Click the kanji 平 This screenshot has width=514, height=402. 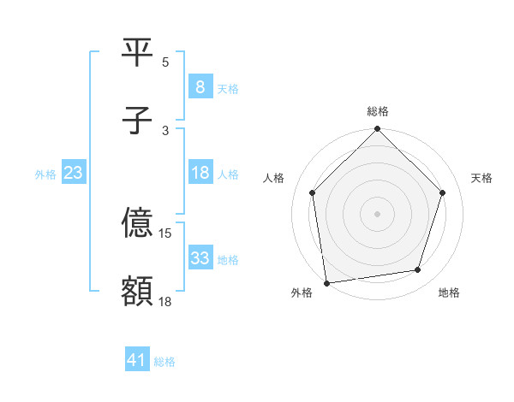click(x=137, y=51)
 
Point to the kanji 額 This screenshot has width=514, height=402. click(x=137, y=291)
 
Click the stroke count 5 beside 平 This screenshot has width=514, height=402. click(x=165, y=62)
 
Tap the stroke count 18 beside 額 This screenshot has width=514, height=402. click(x=166, y=301)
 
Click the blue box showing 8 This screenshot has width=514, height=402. click(x=200, y=86)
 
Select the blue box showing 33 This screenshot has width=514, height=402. click(x=200, y=258)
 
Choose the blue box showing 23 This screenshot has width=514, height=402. click(x=74, y=173)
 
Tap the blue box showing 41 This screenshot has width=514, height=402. click(x=137, y=361)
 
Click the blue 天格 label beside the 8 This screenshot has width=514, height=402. click(x=227, y=88)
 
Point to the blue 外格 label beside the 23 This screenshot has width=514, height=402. click(x=45, y=174)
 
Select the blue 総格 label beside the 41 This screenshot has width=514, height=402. click(x=164, y=362)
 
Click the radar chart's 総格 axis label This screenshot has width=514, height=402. click(x=378, y=111)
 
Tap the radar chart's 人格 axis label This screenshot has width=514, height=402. click(x=273, y=178)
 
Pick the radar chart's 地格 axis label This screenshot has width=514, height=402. click(x=449, y=293)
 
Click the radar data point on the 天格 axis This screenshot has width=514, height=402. click(x=443, y=192)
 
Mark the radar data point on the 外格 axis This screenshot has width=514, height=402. click(x=326, y=282)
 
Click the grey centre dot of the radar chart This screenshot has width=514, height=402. click(x=377, y=213)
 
